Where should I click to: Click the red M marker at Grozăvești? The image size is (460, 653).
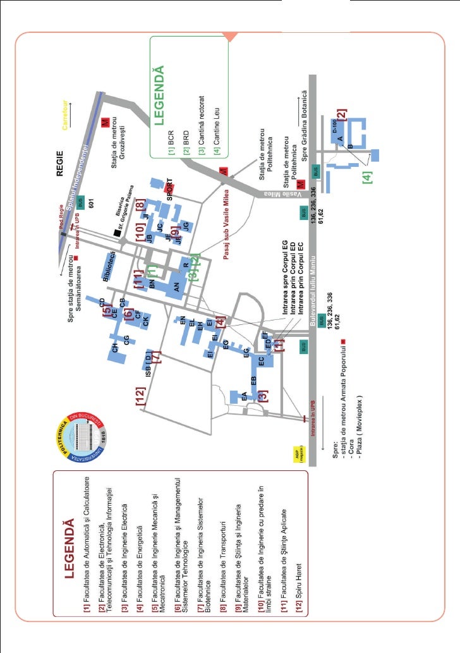(x=106, y=121)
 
